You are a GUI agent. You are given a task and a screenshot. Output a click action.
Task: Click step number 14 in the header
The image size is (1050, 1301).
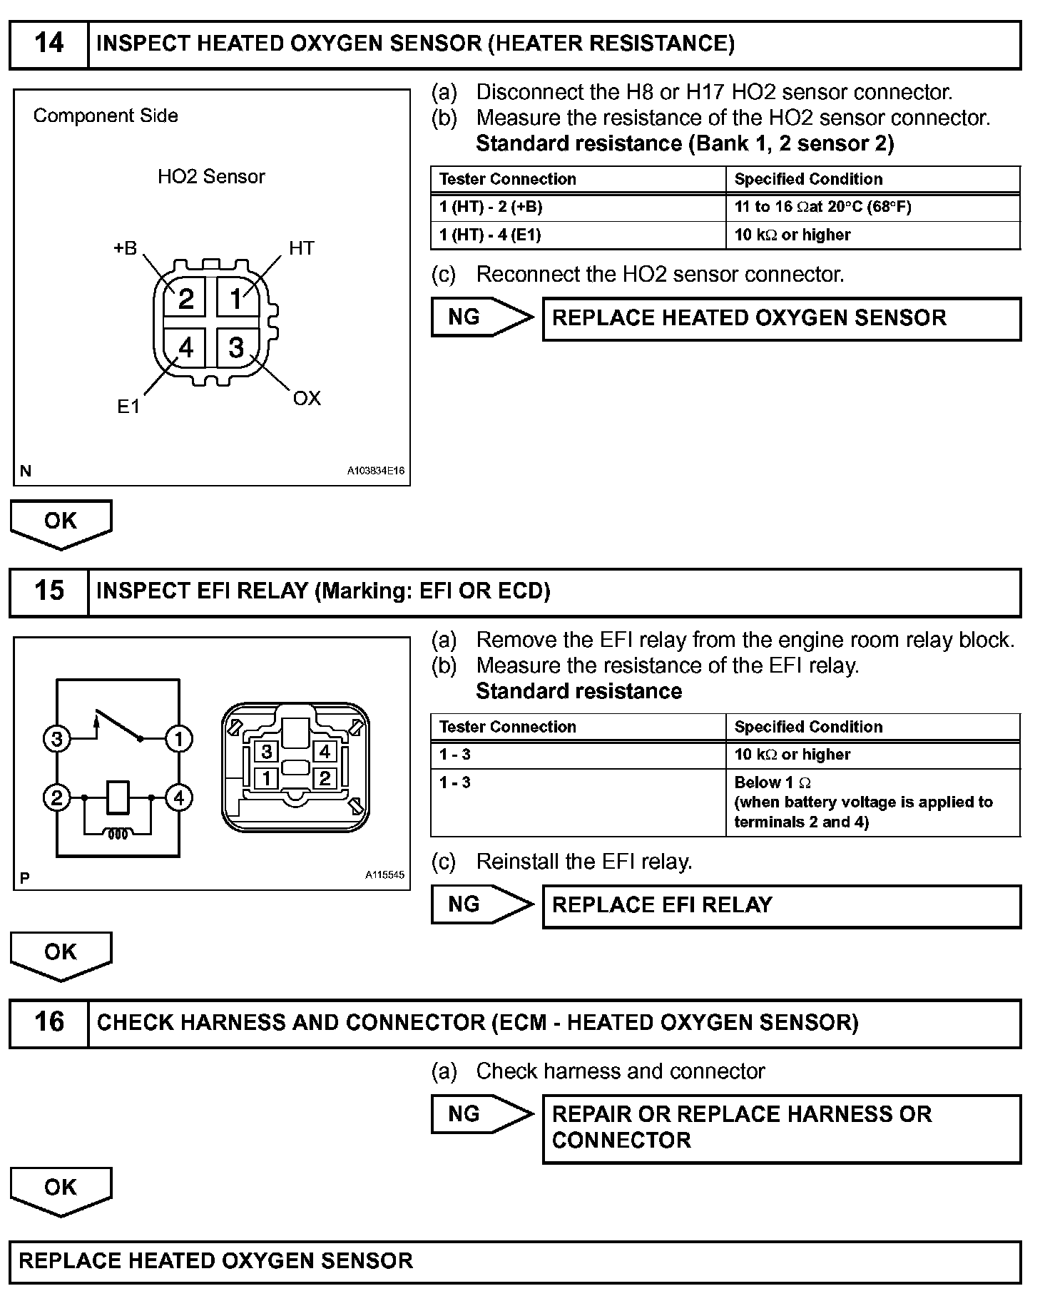point(49,44)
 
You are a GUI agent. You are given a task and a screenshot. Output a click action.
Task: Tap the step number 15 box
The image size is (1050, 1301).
point(49,592)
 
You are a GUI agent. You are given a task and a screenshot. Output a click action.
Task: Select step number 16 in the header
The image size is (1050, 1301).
point(49,1023)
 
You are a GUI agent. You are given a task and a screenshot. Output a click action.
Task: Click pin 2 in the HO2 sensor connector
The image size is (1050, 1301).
point(185,299)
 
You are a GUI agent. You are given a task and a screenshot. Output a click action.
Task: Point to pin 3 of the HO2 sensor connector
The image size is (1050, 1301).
point(236,348)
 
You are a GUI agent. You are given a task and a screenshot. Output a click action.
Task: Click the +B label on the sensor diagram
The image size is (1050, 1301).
point(126,248)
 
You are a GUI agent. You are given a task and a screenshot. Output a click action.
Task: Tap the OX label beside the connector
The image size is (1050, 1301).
point(307,399)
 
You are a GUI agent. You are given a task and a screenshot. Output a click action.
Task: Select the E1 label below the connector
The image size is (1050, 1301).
point(128,407)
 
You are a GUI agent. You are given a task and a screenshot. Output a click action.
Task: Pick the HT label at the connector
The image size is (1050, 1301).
point(301,248)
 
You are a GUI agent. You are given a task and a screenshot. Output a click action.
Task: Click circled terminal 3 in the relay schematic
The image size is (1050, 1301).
point(57,739)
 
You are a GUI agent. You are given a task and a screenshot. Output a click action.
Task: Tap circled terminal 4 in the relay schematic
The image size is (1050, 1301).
point(178,797)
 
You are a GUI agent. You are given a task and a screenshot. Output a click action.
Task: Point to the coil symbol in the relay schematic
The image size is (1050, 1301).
point(118,833)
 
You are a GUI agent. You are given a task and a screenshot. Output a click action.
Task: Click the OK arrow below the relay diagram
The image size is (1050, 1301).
point(61,954)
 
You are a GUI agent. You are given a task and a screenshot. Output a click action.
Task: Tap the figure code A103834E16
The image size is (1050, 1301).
point(376,471)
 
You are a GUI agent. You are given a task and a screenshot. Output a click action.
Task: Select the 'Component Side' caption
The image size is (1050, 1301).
point(106,116)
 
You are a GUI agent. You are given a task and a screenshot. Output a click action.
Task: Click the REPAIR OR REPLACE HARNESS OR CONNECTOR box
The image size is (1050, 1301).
point(781,1128)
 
